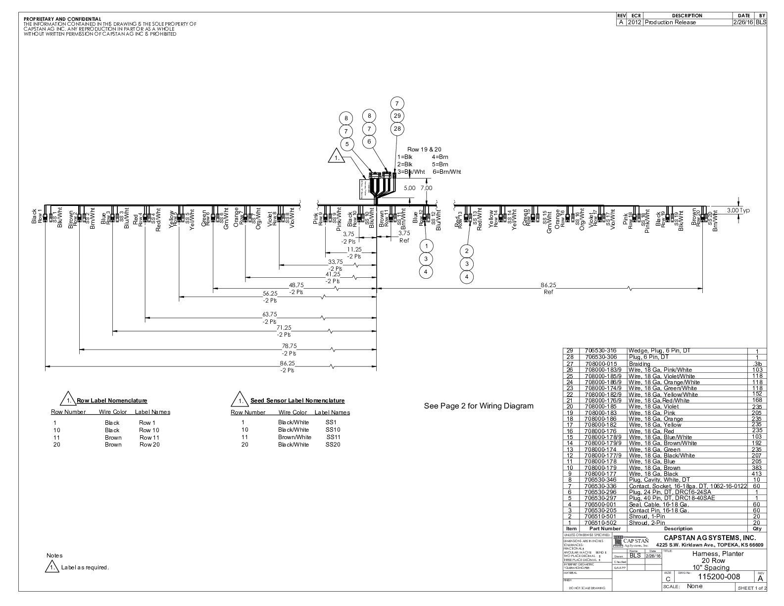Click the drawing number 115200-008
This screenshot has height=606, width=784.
[719, 577]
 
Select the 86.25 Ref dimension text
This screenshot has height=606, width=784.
[548, 288]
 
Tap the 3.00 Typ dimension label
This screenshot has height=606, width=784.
[738, 210]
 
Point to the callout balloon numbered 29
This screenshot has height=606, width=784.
[397, 116]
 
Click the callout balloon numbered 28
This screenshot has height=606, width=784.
[397, 129]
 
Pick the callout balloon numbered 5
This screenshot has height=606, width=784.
[347, 144]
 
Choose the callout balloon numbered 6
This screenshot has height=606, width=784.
[369, 142]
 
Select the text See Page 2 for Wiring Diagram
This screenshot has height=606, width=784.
[479, 406]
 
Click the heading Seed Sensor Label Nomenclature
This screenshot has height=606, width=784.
[297, 401]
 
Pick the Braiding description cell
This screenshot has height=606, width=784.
[639, 363]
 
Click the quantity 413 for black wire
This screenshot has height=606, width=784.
[757, 474]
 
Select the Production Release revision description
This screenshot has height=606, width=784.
[670, 22]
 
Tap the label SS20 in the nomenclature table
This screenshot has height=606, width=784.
[332, 445]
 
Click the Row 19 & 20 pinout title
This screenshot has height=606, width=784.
[424, 149]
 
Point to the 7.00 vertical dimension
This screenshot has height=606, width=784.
[426, 188]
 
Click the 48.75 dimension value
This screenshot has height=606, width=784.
[296, 285]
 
